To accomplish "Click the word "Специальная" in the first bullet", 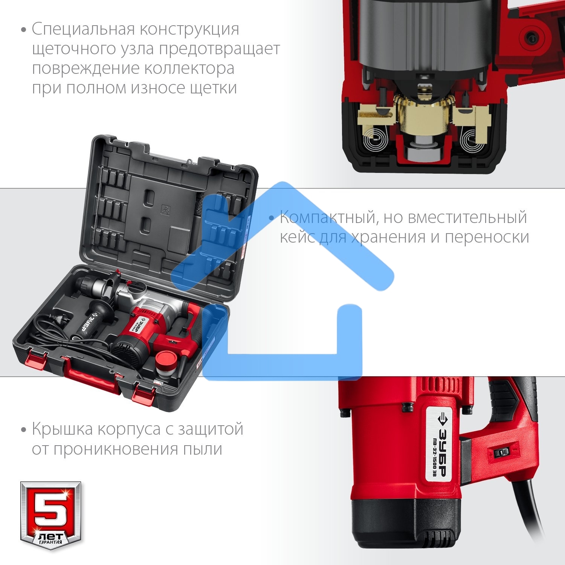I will pyautogui.click(x=83, y=29).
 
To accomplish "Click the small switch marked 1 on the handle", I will pyautogui.click(x=501, y=453).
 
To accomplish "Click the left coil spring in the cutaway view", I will pyautogui.click(x=375, y=141).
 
